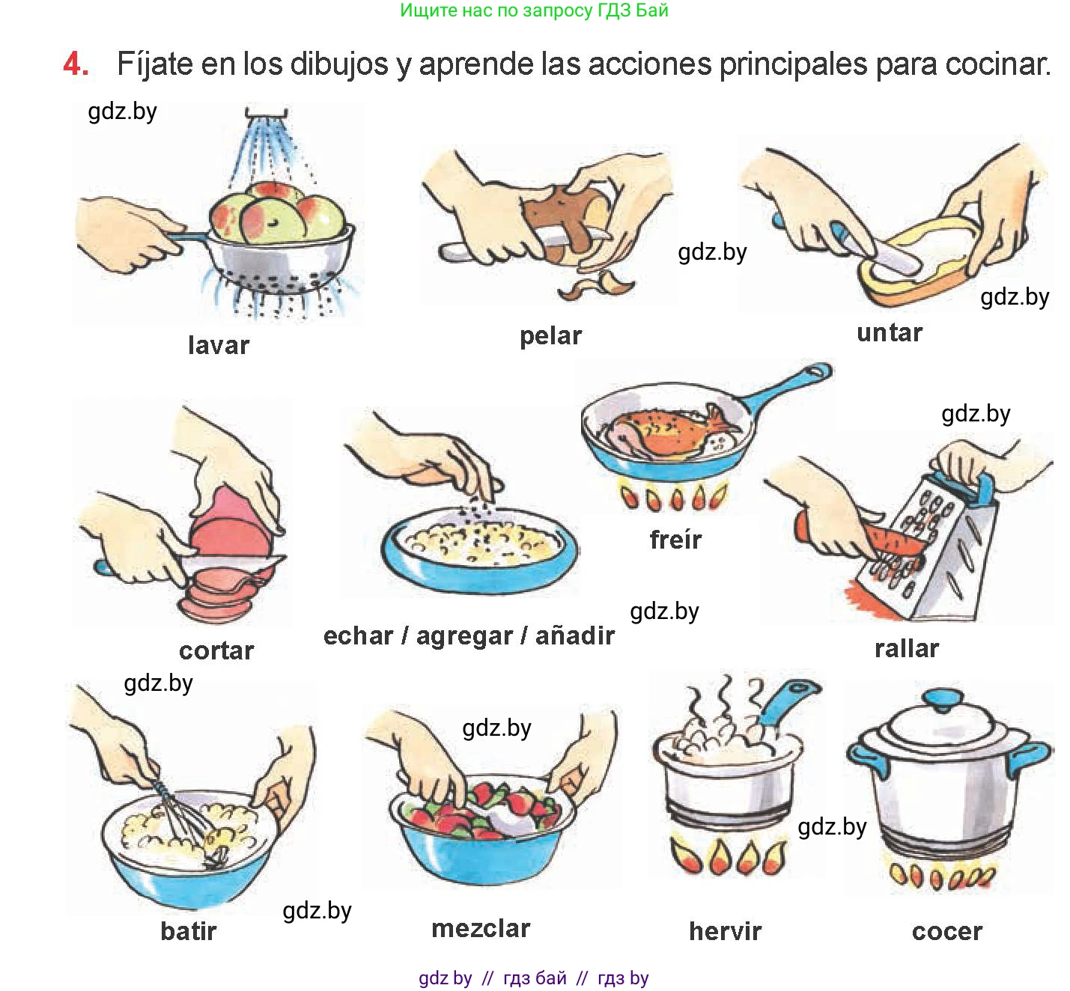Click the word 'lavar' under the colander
point(218,345)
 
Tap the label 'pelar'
point(550,337)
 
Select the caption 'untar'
point(890,333)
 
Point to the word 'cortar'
point(216,650)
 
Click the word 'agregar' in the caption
point(464,637)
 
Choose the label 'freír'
point(675,539)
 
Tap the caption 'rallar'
point(907,648)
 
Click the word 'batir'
point(189,931)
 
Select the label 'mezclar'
point(481,929)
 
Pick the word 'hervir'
point(725,931)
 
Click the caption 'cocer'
point(947,932)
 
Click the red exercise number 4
point(76,64)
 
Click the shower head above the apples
point(266,113)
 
